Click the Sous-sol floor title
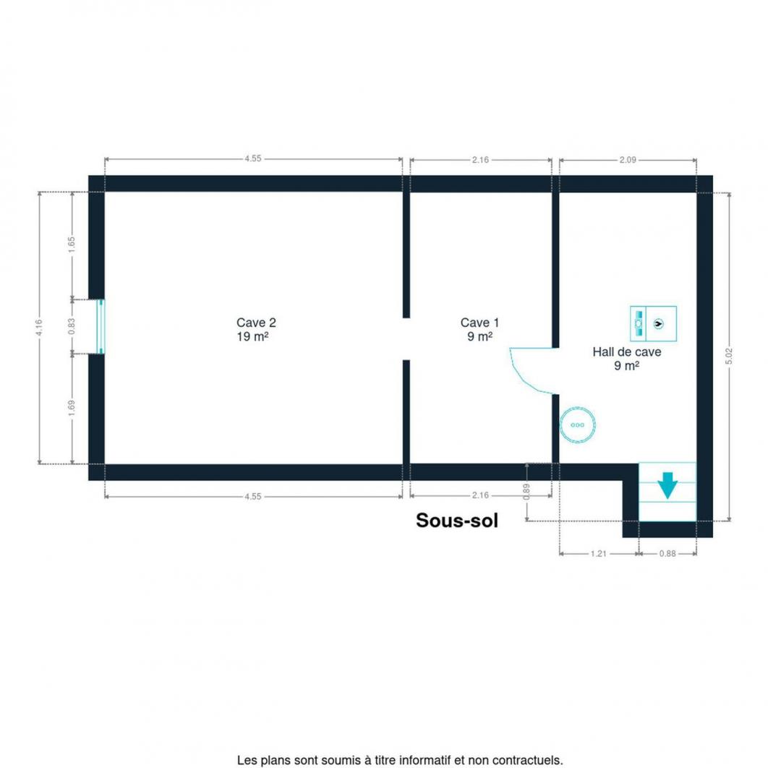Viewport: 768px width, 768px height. click(457, 520)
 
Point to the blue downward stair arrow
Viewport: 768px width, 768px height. click(667, 485)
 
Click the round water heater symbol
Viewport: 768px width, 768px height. click(578, 424)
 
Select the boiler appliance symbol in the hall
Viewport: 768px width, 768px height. click(654, 324)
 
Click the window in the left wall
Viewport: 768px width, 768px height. click(101, 326)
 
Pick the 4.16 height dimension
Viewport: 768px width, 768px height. click(39, 327)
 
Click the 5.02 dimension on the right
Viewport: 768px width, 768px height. click(729, 356)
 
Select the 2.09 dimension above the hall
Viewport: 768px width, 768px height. click(628, 160)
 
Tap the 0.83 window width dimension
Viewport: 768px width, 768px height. click(72, 327)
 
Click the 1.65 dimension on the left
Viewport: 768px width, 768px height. click(72, 245)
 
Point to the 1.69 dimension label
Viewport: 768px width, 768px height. click(72, 409)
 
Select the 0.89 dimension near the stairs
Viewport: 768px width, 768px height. click(526, 492)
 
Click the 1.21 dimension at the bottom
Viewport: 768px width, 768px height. click(599, 553)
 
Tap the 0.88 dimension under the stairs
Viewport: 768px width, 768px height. click(667, 553)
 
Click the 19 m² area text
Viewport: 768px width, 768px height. click(252, 337)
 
